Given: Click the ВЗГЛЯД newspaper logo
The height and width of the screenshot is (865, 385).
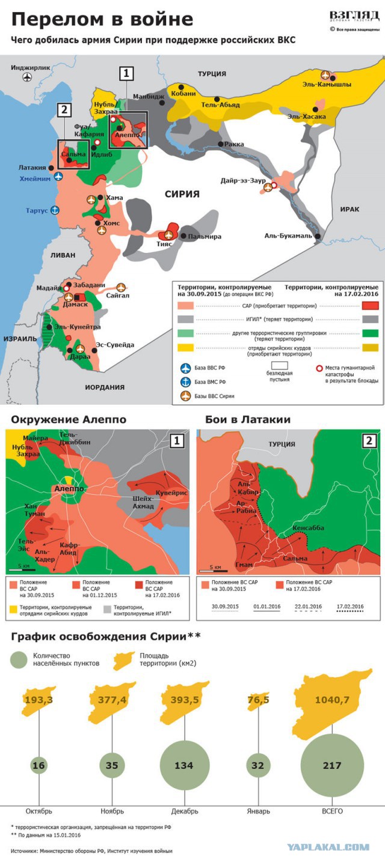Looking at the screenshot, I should click(x=354, y=17).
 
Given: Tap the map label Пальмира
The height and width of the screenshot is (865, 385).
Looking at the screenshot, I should click(x=205, y=237).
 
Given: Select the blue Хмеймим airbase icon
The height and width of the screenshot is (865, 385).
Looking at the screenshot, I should click(x=58, y=176).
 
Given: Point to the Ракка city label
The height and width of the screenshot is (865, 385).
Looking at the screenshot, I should click(x=234, y=145).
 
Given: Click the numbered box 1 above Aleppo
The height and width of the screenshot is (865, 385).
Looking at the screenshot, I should click(x=126, y=73).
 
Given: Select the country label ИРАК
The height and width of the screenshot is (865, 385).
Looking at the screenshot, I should click(x=350, y=209).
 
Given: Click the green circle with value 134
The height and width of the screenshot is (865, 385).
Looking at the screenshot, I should click(x=183, y=765).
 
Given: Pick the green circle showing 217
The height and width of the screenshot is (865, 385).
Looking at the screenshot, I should click(x=331, y=765).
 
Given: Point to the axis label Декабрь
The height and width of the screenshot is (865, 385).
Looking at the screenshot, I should click(x=183, y=811).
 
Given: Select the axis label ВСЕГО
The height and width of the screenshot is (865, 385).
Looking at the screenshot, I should click(x=331, y=811).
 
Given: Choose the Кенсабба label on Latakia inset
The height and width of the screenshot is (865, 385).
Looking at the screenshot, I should click(x=307, y=528).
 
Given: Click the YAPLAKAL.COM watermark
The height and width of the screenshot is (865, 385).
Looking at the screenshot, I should click(x=328, y=848).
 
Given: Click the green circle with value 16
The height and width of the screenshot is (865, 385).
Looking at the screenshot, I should click(x=39, y=765).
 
